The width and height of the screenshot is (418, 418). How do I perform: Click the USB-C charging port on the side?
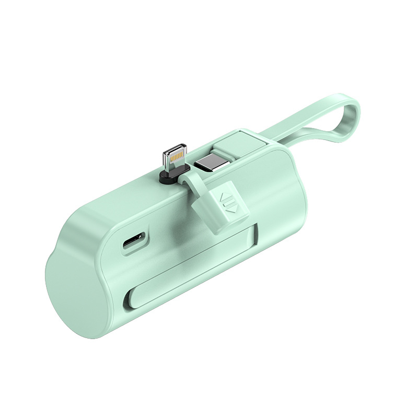pos(134,243)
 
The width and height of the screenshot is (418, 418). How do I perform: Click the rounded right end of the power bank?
pos(293,183)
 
